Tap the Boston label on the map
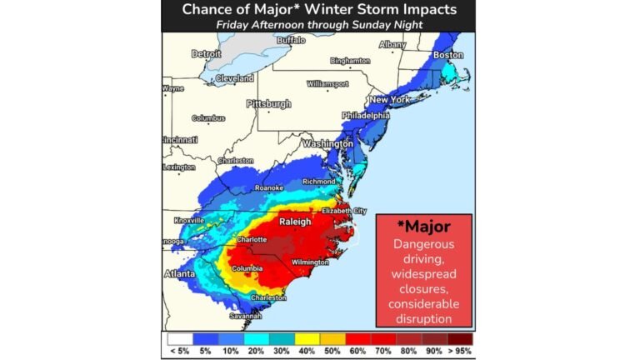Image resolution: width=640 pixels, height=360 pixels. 448,55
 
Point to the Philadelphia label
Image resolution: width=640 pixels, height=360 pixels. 365,115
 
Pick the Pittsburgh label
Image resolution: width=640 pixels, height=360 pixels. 268,104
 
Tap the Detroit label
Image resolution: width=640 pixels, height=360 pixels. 206,53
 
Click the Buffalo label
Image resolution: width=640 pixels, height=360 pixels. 291,40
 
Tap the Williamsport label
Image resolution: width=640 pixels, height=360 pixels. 326,84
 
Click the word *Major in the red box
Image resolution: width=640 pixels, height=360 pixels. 423,227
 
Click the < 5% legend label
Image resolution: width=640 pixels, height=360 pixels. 177,351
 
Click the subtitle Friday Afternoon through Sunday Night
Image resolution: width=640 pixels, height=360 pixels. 319,25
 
